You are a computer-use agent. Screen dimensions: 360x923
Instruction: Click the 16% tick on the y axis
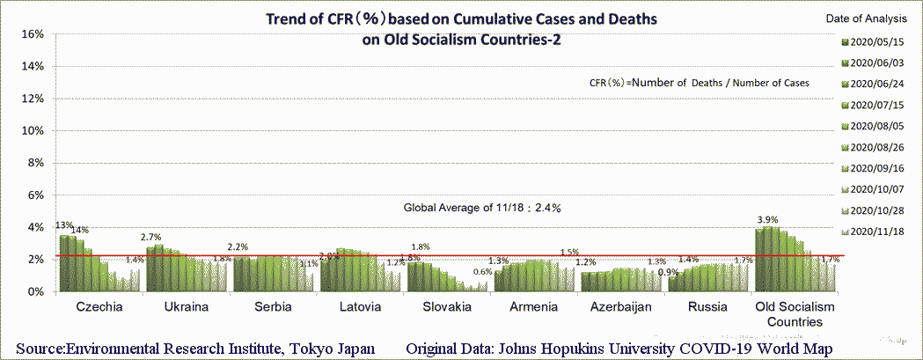pyautogui.click(x=32, y=34)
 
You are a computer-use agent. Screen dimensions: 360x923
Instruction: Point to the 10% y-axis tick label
pyautogui.click(x=32, y=131)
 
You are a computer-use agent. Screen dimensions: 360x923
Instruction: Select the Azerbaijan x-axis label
pyautogui.click(x=620, y=307)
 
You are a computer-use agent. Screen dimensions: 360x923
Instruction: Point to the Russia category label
pyautogui.click(x=707, y=307)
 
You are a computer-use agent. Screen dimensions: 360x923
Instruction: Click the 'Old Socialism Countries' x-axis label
pyautogui.click(x=795, y=314)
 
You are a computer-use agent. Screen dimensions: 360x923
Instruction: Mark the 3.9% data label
pyautogui.click(x=768, y=219)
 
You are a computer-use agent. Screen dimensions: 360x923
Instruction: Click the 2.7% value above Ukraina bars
pyautogui.click(x=150, y=238)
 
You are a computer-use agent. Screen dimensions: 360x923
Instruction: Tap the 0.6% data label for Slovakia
pyautogui.click(x=482, y=272)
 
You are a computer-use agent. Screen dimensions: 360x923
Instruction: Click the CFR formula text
pyautogui.click(x=700, y=82)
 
